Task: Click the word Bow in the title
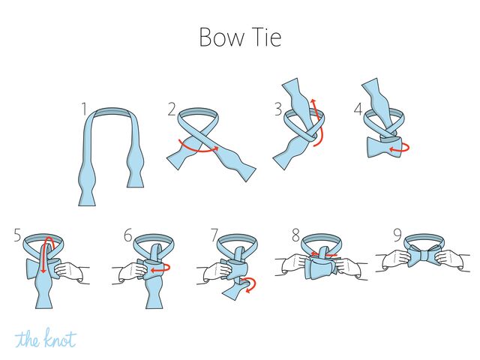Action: click(x=222, y=37)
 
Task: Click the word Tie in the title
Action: click(x=266, y=37)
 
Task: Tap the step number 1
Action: click(x=84, y=109)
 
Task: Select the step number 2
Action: click(x=172, y=109)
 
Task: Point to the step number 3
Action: click(x=278, y=109)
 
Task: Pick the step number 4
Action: click(x=358, y=109)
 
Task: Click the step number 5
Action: click(x=18, y=235)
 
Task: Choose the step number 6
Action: click(x=128, y=235)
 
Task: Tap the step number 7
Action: click(x=214, y=235)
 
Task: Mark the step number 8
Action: click(x=295, y=235)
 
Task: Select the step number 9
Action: click(x=397, y=235)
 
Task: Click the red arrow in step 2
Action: click(x=198, y=151)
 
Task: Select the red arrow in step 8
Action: click(x=324, y=254)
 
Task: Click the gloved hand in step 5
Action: click(x=69, y=270)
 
